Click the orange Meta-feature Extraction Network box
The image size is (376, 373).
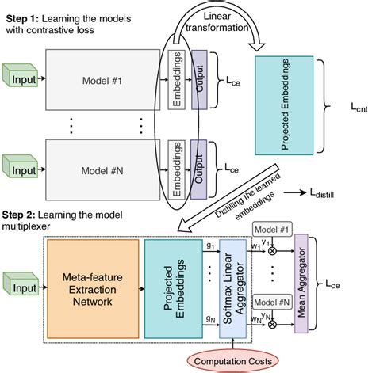(93, 284)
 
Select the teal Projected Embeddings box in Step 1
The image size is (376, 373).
(284, 100)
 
